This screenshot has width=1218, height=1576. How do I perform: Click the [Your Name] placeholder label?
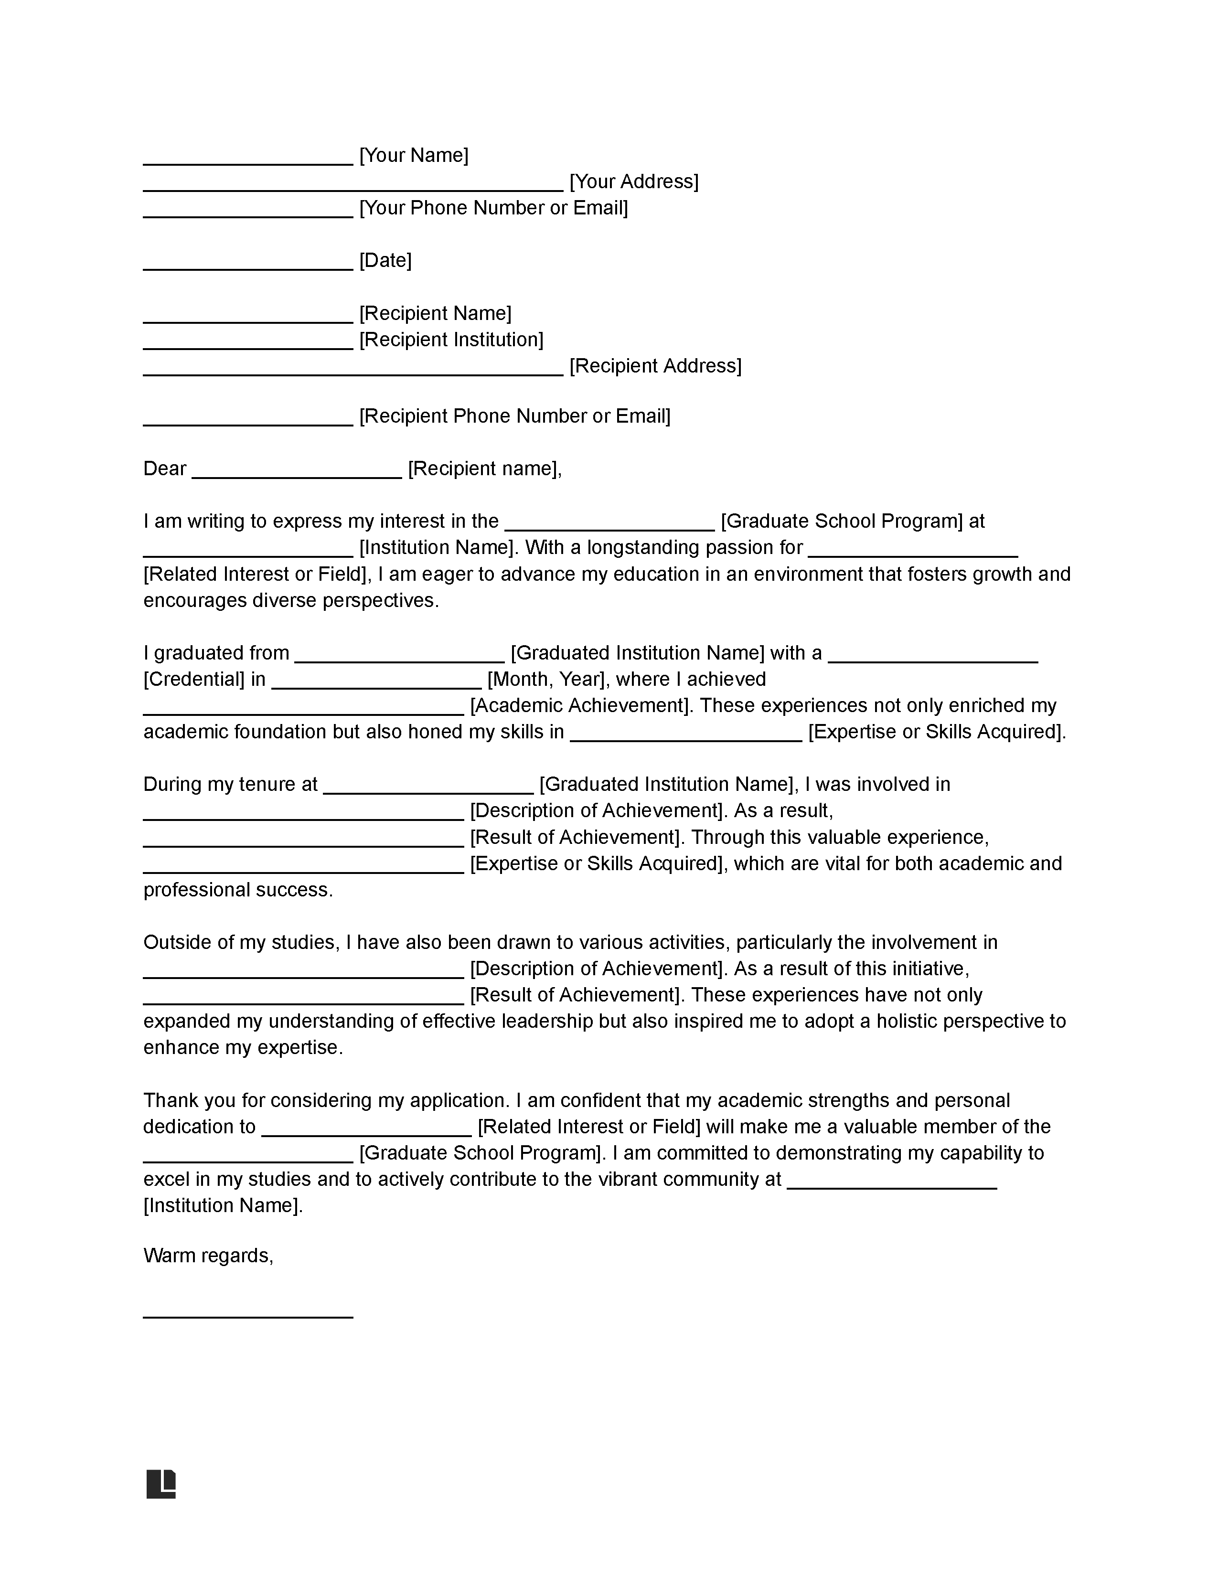click(x=414, y=155)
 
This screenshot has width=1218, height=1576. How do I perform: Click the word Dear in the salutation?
click(x=164, y=469)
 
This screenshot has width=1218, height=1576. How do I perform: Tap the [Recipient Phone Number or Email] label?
click(x=514, y=416)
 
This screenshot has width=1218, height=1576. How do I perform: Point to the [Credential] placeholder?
click(x=194, y=679)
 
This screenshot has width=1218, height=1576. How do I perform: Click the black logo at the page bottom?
click(x=161, y=1484)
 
